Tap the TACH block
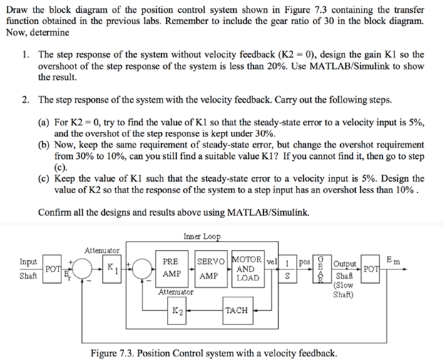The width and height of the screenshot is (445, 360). [x=236, y=312]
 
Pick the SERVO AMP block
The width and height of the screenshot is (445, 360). [x=212, y=269]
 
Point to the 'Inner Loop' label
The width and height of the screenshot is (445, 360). [x=202, y=237]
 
